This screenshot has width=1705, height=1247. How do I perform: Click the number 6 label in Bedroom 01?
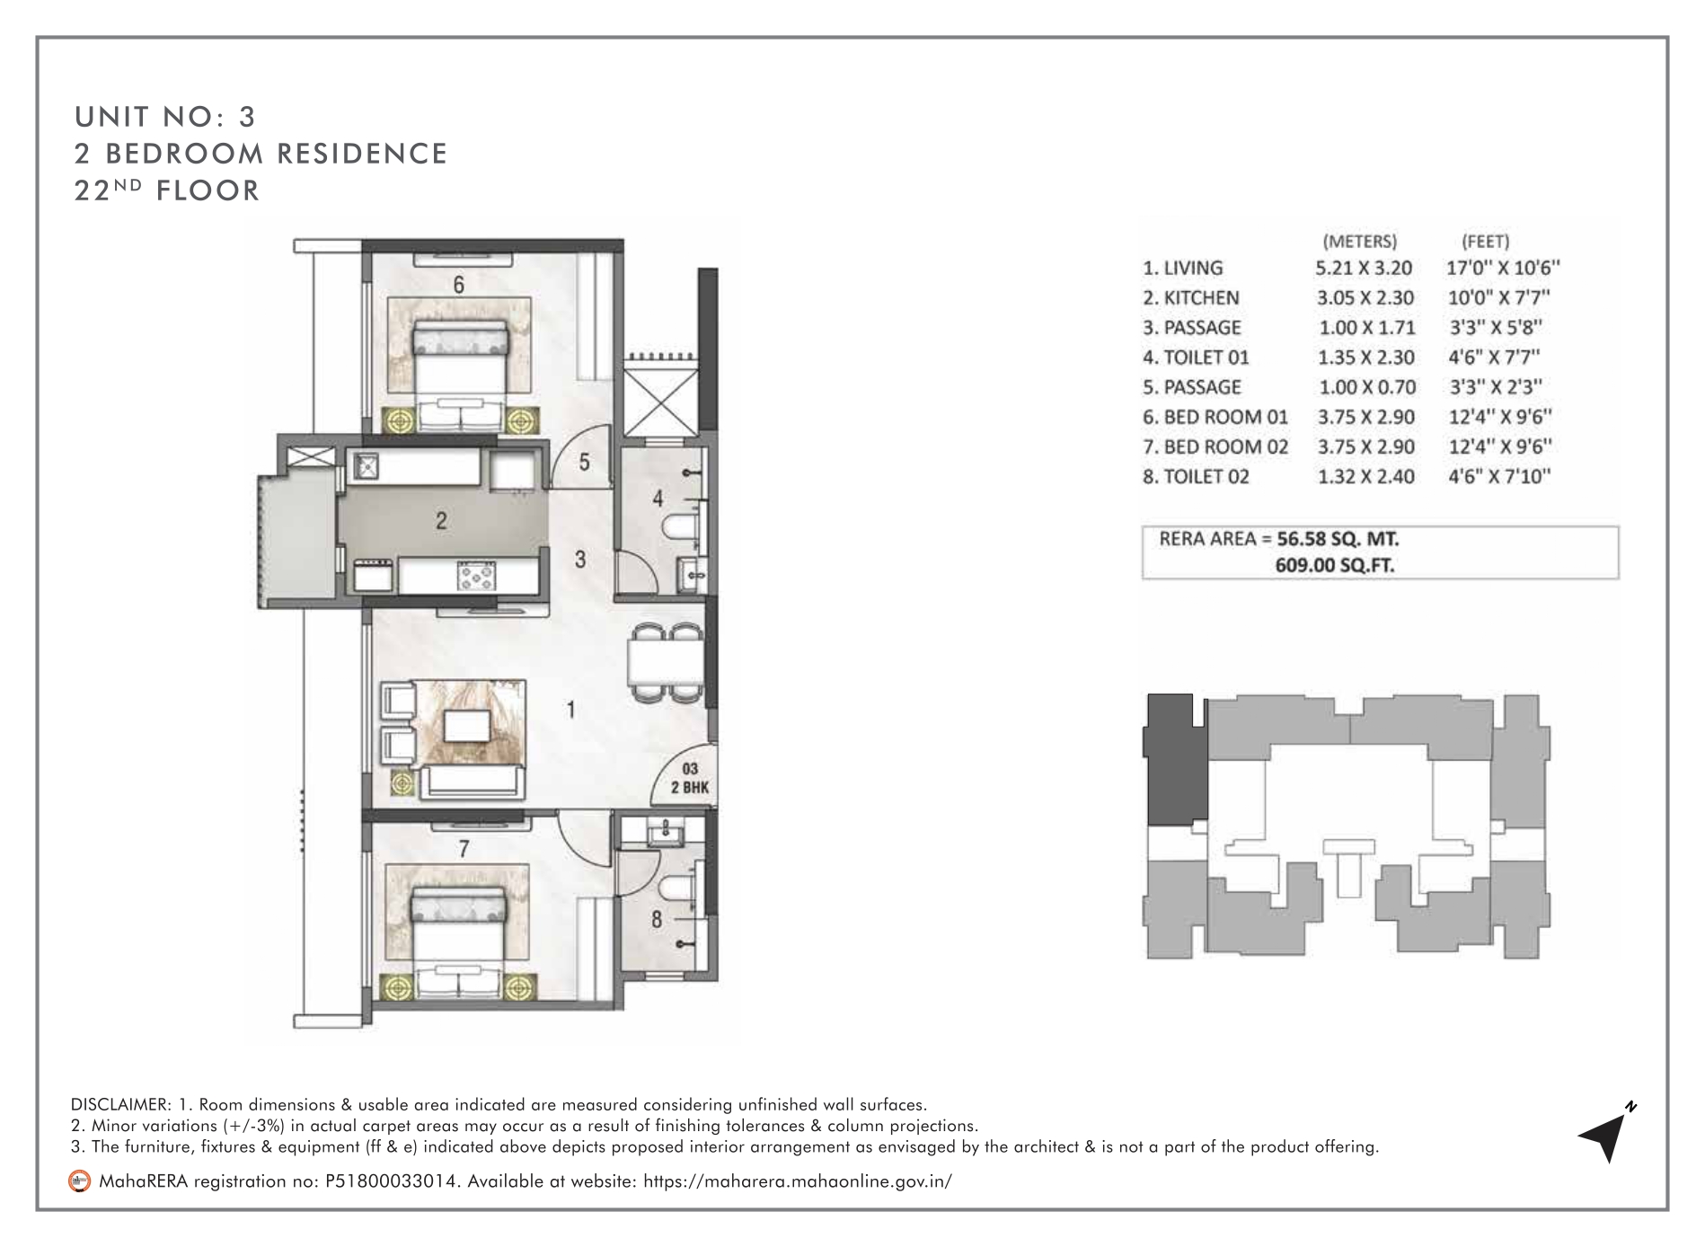[458, 285]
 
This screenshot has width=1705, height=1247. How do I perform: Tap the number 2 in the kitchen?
[441, 521]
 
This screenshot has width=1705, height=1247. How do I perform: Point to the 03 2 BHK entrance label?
[690, 776]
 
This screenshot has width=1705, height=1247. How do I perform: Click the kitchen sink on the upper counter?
[367, 466]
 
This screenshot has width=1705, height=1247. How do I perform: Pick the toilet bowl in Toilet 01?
[677, 527]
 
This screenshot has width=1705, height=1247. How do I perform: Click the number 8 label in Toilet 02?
[657, 920]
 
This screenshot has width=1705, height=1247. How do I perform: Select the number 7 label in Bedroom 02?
[464, 848]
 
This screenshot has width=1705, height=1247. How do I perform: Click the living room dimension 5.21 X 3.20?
[1364, 268]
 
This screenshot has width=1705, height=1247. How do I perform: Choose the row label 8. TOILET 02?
[1196, 476]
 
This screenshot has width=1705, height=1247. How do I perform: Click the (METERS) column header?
[1360, 241]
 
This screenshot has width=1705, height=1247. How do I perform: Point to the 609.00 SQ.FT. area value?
[1336, 566]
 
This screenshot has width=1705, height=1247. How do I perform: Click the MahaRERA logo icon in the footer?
[80, 1181]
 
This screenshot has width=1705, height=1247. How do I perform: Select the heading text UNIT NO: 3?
[166, 117]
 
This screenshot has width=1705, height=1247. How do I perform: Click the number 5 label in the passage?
[584, 463]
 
